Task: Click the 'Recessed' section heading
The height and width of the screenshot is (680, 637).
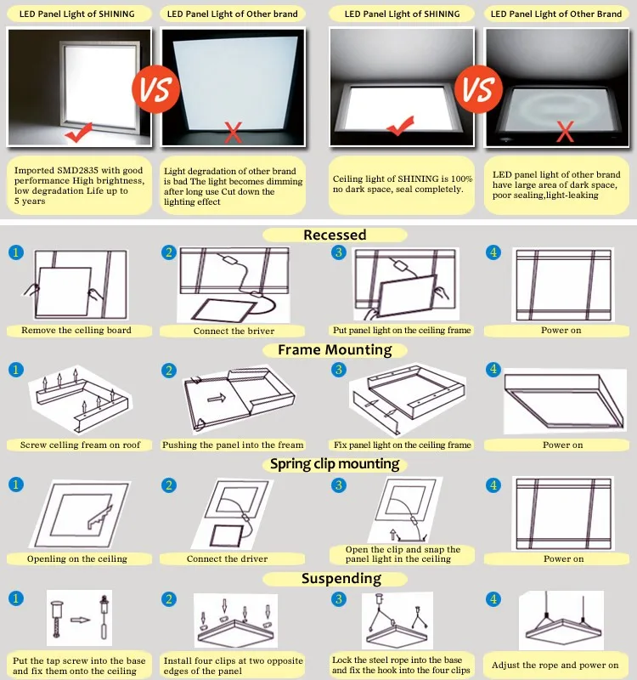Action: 335,235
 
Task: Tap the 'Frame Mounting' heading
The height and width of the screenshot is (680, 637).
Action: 335,349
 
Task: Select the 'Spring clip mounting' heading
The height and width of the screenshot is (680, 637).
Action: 335,464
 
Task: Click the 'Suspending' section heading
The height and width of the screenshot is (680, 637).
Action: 341,579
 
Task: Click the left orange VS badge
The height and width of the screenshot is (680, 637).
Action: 155,88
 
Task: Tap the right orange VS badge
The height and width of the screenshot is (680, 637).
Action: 476,88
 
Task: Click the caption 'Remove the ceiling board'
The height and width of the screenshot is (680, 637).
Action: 76,330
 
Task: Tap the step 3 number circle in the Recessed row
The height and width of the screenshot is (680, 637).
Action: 338,252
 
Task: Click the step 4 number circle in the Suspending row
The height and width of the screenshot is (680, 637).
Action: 493,599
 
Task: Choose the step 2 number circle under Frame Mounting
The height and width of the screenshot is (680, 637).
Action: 169,370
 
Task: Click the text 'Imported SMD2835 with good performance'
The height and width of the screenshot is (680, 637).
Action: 79,176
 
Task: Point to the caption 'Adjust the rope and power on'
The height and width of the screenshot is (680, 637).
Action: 555,665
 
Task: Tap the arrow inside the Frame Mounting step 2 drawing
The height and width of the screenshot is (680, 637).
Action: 215,396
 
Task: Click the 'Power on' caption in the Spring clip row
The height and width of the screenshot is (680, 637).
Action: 563,558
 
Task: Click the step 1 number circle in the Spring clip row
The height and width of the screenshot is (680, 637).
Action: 15,484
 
